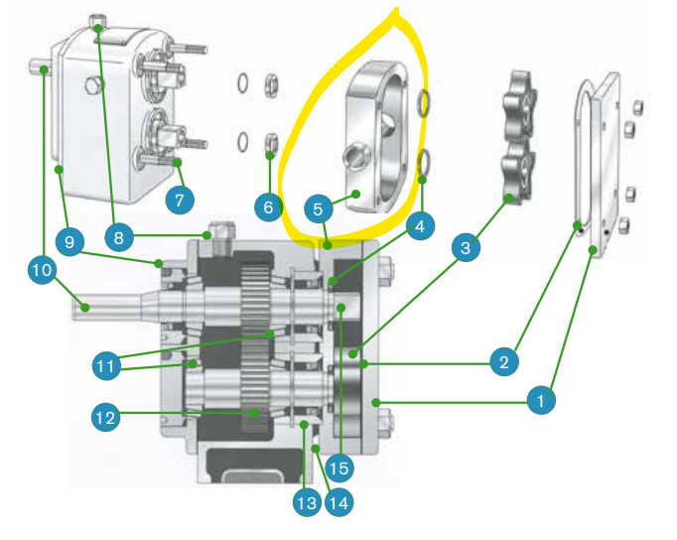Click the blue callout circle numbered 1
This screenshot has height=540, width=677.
click(541, 400)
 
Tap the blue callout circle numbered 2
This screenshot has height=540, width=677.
click(504, 361)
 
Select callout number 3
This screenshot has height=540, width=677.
click(466, 247)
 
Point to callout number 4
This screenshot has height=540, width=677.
click(420, 225)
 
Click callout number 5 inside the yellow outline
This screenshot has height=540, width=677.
click(319, 208)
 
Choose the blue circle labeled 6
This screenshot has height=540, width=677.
click(268, 207)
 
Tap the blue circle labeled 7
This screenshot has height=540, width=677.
click(180, 200)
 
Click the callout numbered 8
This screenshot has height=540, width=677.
click(119, 237)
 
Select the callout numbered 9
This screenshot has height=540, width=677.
click(69, 242)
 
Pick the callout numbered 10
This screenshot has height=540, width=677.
click(42, 270)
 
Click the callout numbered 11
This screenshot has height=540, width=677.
click(106, 366)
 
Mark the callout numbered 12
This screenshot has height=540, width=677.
click(106, 418)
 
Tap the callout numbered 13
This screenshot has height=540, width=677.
click(307, 502)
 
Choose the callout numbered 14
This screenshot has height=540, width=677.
click(338, 502)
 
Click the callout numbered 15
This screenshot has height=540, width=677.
click(338, 468)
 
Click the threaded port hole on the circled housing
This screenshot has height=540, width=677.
click(357, 156)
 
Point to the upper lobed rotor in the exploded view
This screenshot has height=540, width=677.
click(519, 107)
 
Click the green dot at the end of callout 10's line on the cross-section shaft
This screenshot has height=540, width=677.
click(85, 308)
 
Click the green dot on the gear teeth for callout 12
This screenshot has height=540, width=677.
click(254, 413)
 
